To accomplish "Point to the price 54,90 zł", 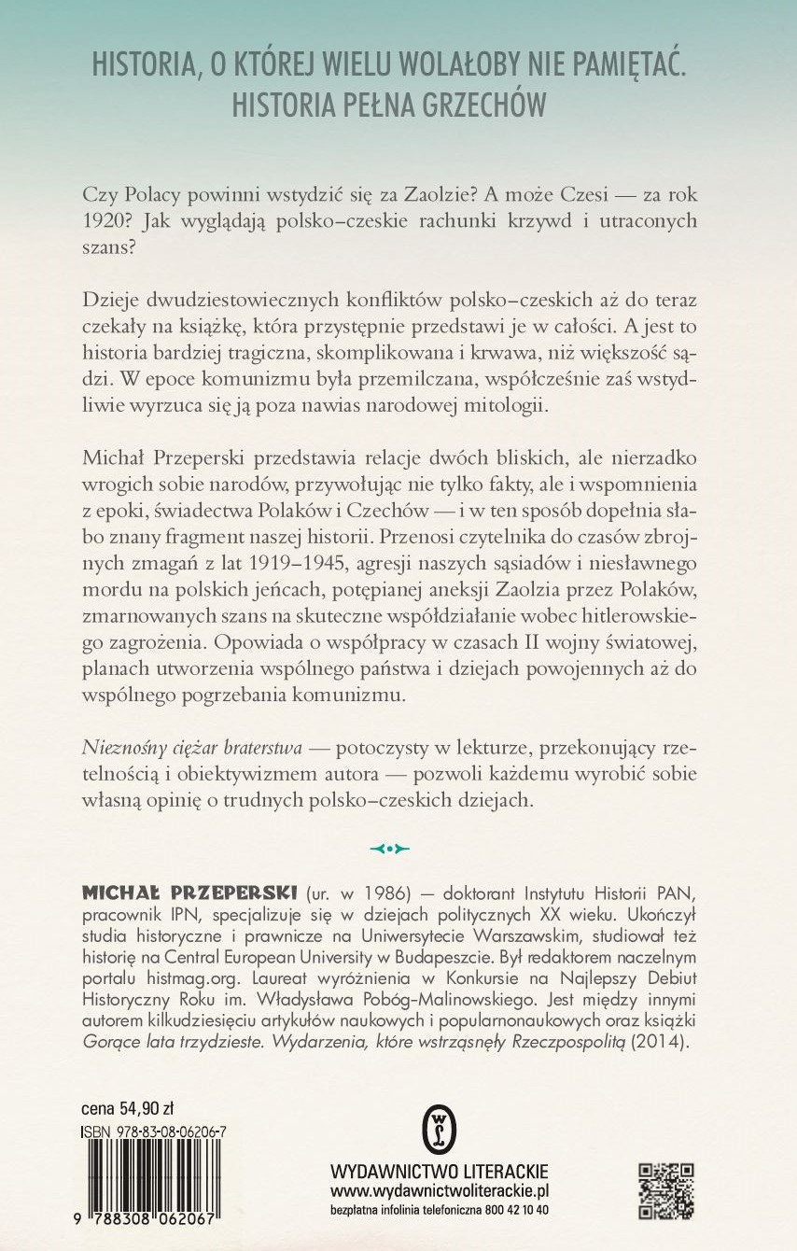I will coord(144,1109).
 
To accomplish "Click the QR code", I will coord(667,1189).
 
